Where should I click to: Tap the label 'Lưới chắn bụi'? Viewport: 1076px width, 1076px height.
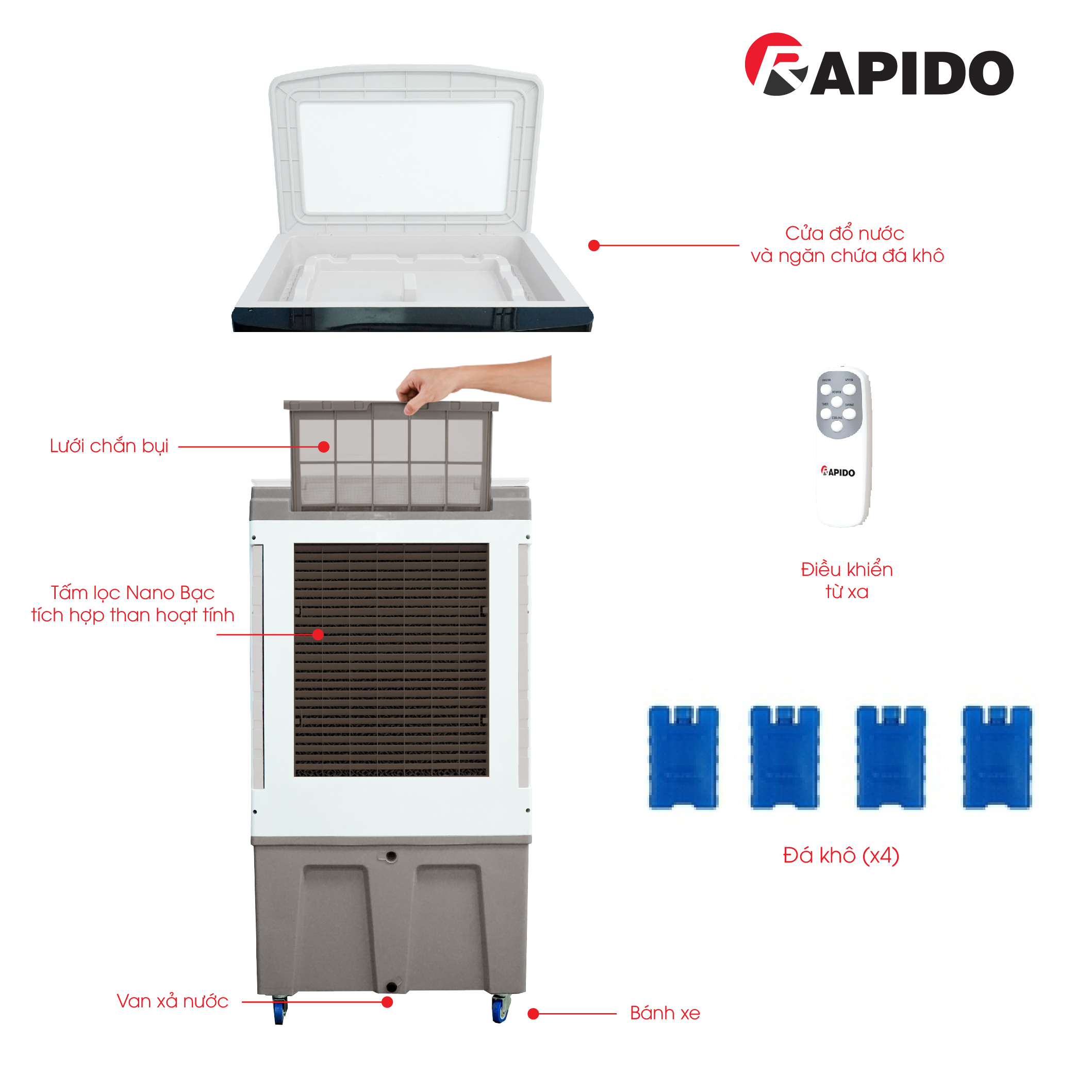[109, 446]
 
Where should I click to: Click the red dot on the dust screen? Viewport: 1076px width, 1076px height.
[324, 446]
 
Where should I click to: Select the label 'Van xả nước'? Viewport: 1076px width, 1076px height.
[172, 1001]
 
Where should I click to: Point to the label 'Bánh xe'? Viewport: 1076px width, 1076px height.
[665, 1013]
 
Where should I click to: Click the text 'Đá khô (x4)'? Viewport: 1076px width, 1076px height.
[840, 855]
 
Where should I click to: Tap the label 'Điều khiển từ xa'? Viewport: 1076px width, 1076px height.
[846, 581]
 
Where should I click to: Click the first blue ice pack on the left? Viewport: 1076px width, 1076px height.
[683, 757]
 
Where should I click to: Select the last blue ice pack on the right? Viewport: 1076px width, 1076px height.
[997, 757]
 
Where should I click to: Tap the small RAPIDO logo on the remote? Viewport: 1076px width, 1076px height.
[838, 472]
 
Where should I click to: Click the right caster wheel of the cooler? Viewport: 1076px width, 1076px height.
[500, 1008]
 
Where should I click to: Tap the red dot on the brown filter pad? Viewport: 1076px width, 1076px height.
[318, 634]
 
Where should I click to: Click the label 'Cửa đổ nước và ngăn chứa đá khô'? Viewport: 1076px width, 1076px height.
[847, 244]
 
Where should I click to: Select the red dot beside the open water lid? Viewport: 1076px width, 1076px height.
[594, 245]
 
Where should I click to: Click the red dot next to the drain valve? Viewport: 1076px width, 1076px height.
[388, 1002]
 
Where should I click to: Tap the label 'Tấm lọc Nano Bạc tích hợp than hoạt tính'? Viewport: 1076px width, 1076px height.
[133, 604]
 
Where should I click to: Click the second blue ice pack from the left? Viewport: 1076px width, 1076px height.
[784, 757]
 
